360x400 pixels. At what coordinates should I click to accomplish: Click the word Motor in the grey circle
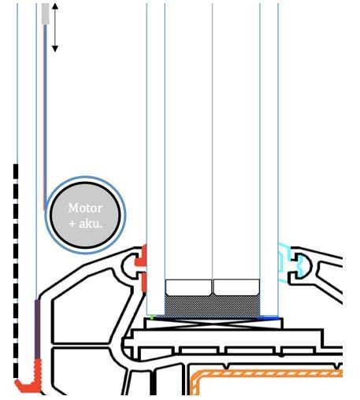(x=85, y=208)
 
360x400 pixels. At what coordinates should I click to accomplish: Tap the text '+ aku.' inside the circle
(x=85, y=224)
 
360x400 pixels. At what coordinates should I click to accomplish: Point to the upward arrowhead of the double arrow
(x=55, y=6)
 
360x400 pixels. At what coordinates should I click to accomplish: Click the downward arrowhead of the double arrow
(x=55, y=49)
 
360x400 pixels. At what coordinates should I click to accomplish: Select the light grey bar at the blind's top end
(x=46, y=14)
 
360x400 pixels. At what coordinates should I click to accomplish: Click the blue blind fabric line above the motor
(x=45, y=117)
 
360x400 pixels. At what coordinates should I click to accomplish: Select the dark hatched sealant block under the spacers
(x=213, y=306)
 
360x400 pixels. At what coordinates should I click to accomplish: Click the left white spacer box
(x=188, y=287)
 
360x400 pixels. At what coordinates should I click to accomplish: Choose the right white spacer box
(x=236, y=287)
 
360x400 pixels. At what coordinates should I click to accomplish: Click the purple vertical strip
(x=38, y=329)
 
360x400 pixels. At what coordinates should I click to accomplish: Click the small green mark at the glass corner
(x=151, y=317)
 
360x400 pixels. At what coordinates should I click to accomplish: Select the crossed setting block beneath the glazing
(x=213, y=323)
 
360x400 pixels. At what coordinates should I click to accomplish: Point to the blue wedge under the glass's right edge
(x=269, y=318)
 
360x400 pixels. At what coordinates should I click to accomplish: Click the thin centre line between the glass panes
(x=212, y=141)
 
